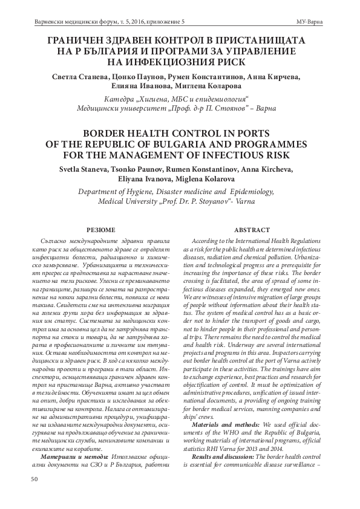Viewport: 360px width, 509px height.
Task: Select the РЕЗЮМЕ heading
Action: click(98, 230)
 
